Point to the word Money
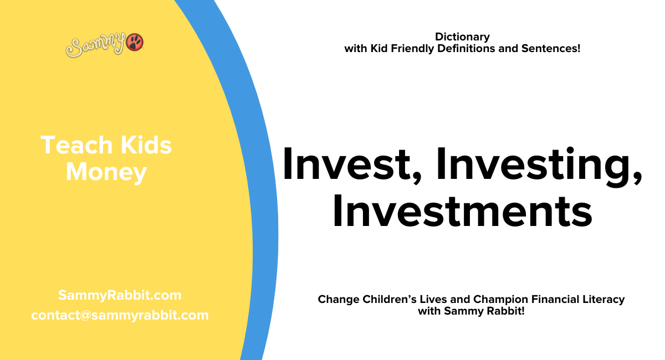106,172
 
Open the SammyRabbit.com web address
120,295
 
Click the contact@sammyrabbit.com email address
120,315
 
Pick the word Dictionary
462,37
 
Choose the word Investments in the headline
462,212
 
